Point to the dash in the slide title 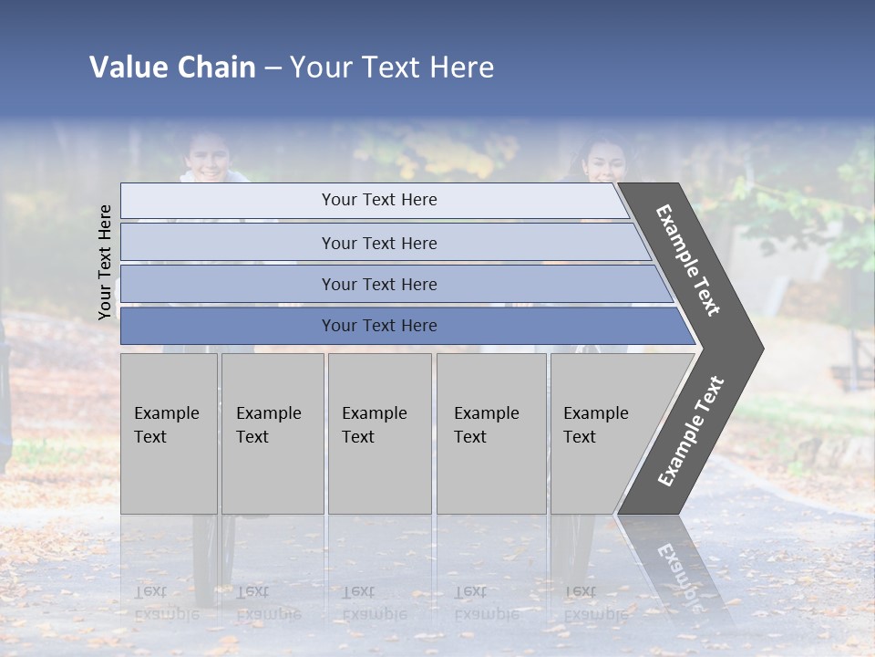273,68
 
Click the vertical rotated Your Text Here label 105,262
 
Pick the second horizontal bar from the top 379,243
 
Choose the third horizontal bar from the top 379,284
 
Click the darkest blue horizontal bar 379,326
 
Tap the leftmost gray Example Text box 169,433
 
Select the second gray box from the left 272,433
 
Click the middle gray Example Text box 378,433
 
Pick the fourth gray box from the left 490,433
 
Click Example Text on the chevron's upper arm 688,260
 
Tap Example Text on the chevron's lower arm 690,431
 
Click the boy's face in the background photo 209,157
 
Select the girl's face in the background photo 604,161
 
